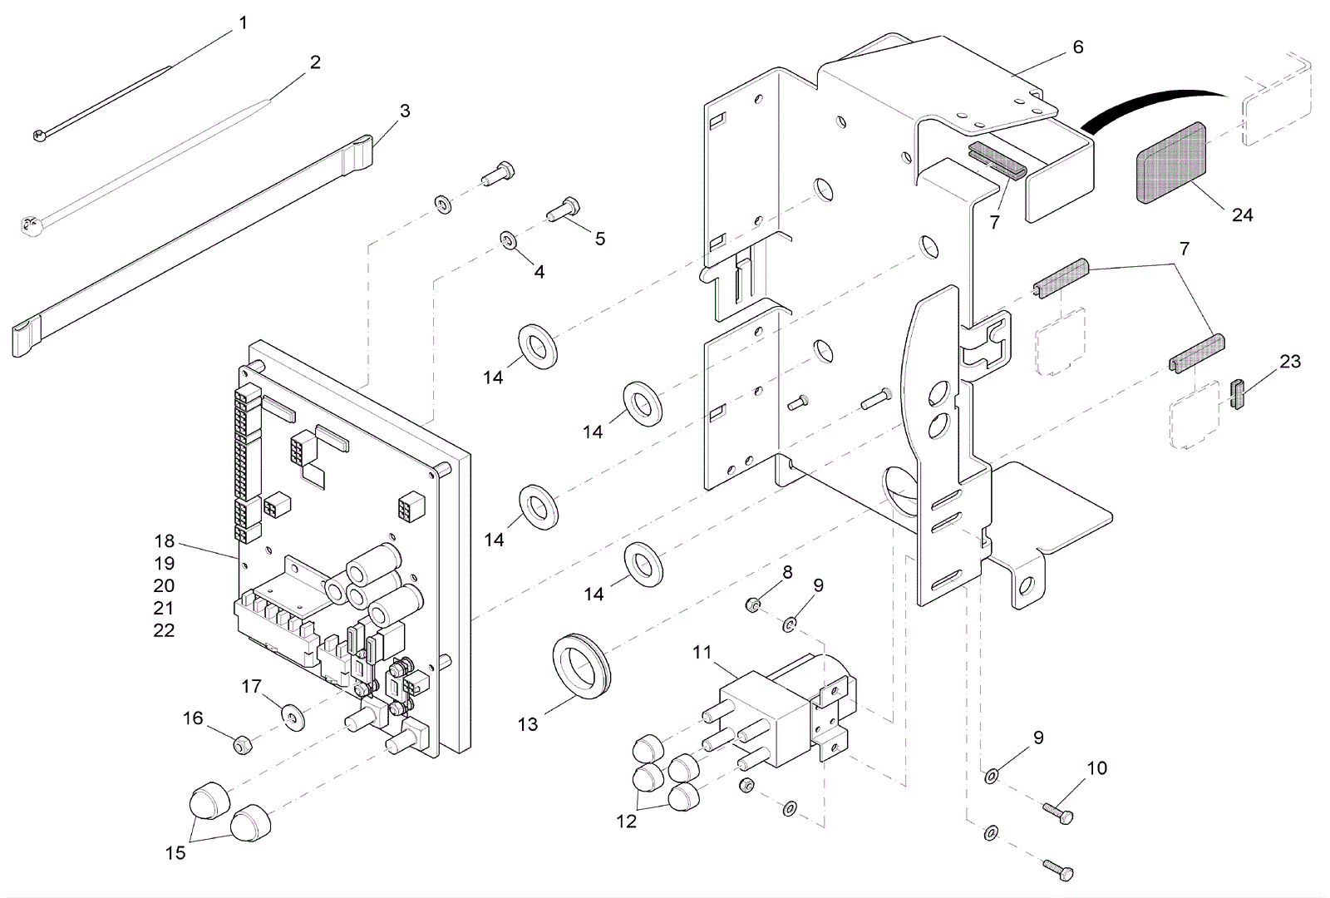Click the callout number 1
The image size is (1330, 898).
click(243, 23)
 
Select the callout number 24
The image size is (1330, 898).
click(1242, 215)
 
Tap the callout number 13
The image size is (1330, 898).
click(528, 724)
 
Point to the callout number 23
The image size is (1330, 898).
click(1290, 362)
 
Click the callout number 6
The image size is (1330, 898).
click(1078, 47)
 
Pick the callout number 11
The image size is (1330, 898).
click(702, 652)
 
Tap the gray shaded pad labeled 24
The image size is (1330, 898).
click(1171, 163)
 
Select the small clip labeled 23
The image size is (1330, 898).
click(1237, 394)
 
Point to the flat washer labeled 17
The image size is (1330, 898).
click(292, 714)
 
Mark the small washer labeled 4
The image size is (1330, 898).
click(507, 240)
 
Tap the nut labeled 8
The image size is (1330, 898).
click(751, 604)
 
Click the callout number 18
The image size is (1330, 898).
click(164, 541)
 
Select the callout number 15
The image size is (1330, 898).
click(175, 852)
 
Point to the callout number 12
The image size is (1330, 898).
click(626, 822)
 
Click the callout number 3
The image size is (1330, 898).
click(405, 111)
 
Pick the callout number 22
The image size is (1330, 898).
click(164, 630)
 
